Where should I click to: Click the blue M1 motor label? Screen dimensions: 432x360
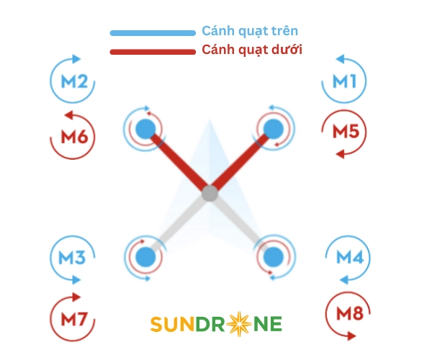click(x=344, y=81)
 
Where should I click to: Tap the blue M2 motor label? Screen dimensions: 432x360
click(x=74, y=81)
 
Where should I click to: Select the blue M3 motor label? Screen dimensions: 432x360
click(x=72, y=258)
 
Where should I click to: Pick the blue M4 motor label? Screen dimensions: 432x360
click(x=350, y=257)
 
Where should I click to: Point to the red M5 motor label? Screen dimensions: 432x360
click(x=346, y=131)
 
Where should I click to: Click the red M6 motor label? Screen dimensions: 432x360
click(x=74, y=137)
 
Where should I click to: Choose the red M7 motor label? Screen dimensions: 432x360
click(x=74, y=319)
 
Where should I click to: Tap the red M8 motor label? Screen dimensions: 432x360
click(x=350, y=313)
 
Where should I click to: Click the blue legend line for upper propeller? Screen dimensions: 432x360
click(x=153, y=33)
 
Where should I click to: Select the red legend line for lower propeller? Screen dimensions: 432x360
click(x=153, y=52)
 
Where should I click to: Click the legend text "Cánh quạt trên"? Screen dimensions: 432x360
click(x=250, y=31)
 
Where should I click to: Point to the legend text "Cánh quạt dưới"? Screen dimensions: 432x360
click(x=252, y=50)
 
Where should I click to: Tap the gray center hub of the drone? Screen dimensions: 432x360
click(x=210, y=194)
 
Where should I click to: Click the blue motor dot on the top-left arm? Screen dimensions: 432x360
click(x=145, y=129)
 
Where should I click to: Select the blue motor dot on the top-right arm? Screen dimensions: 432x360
click(x=274, y=129)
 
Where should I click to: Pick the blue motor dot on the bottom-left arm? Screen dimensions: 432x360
click(x=145, y=257)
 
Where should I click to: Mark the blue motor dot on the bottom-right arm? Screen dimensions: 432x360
click(x=274, y=257)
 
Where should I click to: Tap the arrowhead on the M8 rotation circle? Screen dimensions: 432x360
click(x=351, y=336)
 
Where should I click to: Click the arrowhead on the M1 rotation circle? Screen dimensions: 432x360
click(x=341, y=59)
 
